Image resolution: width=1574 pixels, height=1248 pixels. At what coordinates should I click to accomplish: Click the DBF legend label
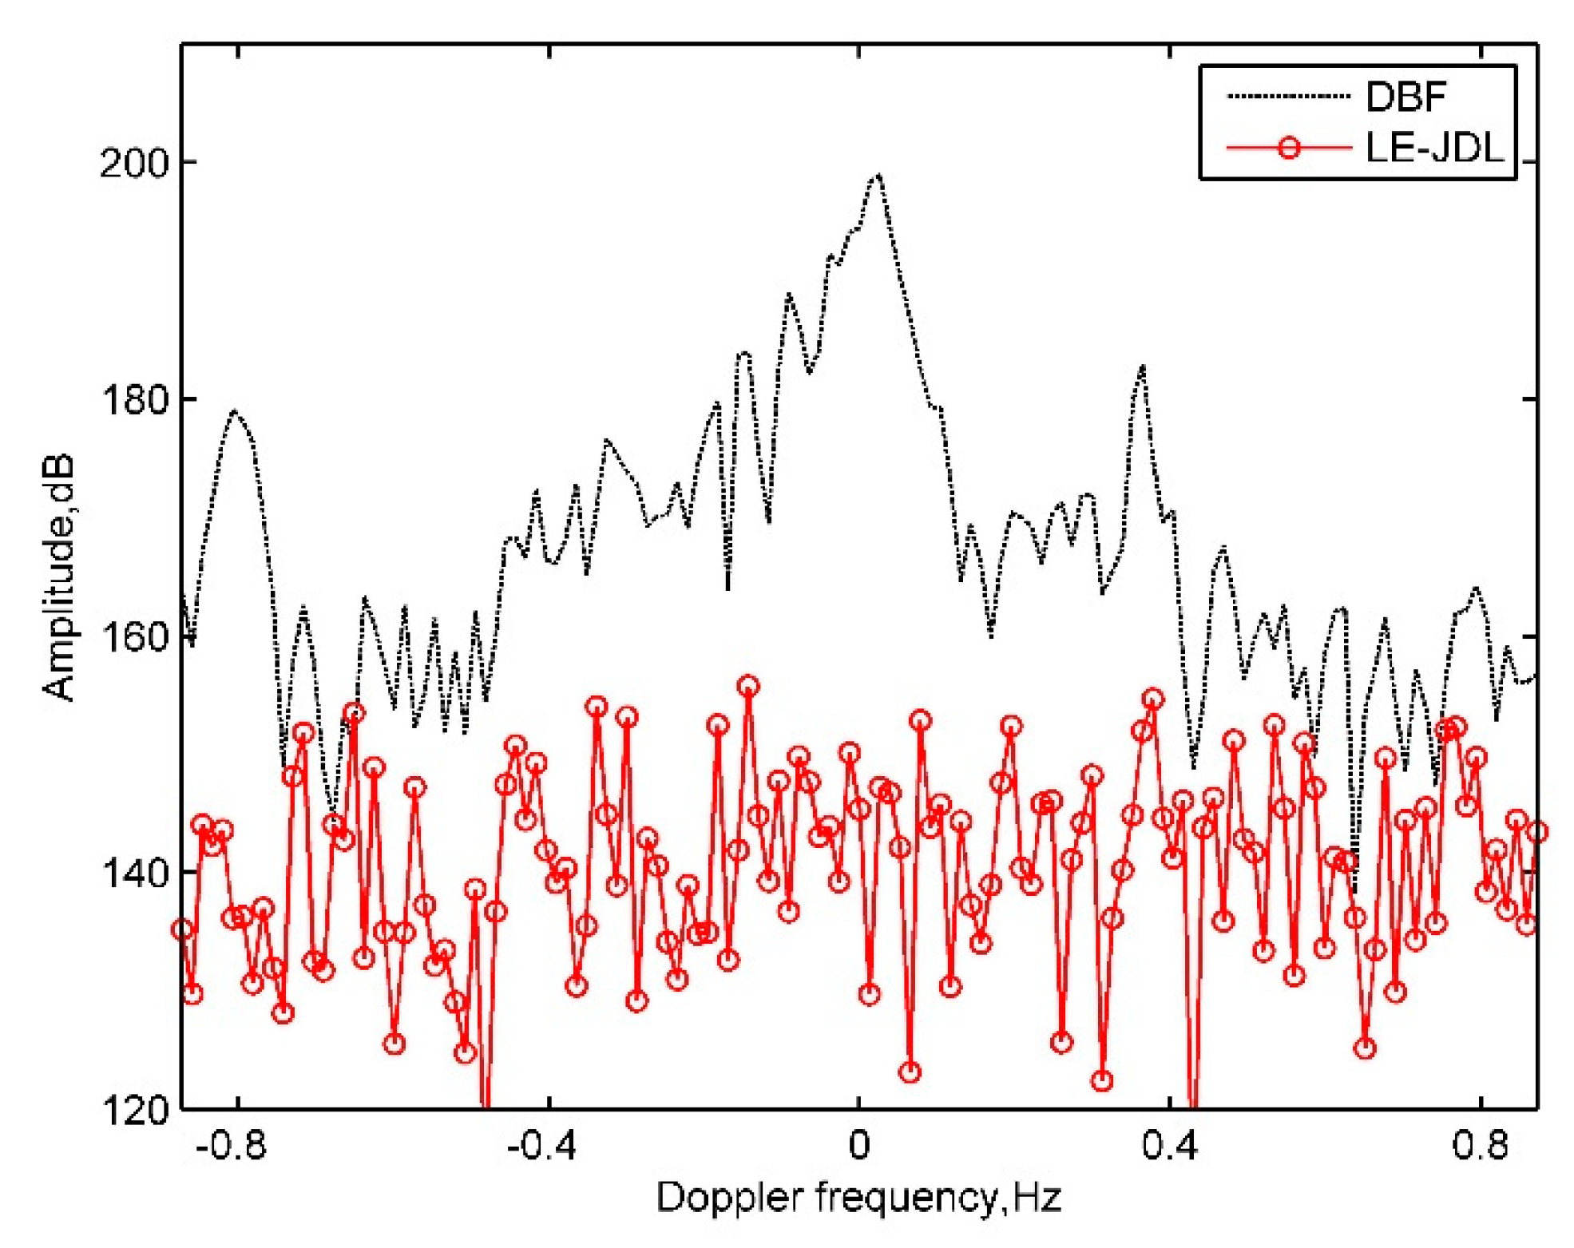pos(1406,97)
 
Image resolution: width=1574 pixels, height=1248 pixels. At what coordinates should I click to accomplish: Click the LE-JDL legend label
pos(1433,148)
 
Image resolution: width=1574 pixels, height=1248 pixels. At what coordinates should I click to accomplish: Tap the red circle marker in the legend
pos(1289,148)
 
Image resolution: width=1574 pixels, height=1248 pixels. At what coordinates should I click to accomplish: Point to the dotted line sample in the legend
pos(1287,97)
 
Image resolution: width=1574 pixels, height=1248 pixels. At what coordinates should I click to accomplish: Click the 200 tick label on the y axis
pos(134,164)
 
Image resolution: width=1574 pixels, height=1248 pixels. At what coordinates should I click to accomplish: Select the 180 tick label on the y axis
pos(134,399)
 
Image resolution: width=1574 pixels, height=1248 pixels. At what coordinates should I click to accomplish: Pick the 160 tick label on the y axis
pos(134,636)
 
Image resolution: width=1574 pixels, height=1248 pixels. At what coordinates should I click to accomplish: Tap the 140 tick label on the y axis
pos(134,873)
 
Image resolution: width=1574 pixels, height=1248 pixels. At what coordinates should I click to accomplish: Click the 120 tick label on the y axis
pos(134,1109)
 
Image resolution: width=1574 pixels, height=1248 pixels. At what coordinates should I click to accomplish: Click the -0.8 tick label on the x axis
pos(231,1147)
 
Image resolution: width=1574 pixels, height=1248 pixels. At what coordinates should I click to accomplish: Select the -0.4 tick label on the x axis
pos(541,1147)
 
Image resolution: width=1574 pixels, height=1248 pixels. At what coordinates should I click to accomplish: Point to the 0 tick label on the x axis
pos(858,1147)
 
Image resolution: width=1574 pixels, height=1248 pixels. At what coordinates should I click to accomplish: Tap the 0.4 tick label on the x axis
pos(1169,1147)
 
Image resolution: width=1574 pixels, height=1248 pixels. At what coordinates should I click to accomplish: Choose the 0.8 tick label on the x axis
pos(1480,1147)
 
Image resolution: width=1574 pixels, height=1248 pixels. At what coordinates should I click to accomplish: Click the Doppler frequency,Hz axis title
pos(858,1198)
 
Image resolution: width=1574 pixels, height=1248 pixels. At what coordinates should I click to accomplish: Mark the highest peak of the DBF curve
pos(878,174)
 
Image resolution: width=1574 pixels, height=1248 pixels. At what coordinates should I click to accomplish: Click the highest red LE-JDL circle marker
pos(747,686)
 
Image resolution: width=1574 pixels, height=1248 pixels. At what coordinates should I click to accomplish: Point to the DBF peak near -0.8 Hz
pos(234,411)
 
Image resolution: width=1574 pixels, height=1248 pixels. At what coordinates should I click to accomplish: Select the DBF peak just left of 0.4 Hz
pos(1144,366)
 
